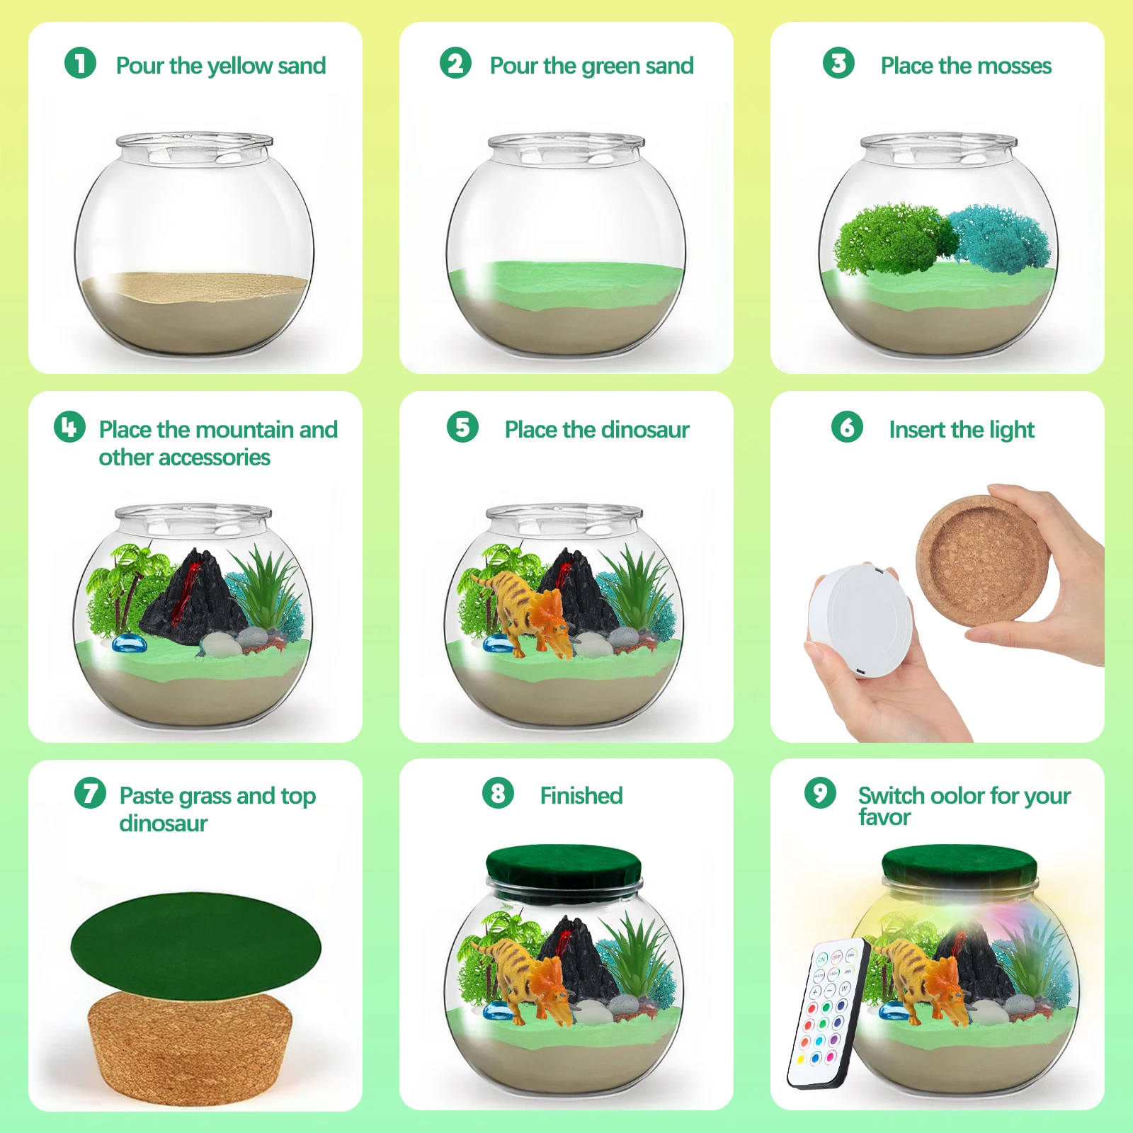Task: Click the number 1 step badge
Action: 80,63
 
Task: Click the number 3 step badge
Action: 838,63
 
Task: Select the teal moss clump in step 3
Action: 1000,238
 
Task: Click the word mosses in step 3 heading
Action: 1014,66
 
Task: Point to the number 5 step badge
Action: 462,427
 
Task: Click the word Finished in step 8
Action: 581,796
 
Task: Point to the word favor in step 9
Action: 884,818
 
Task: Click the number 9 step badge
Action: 820,792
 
